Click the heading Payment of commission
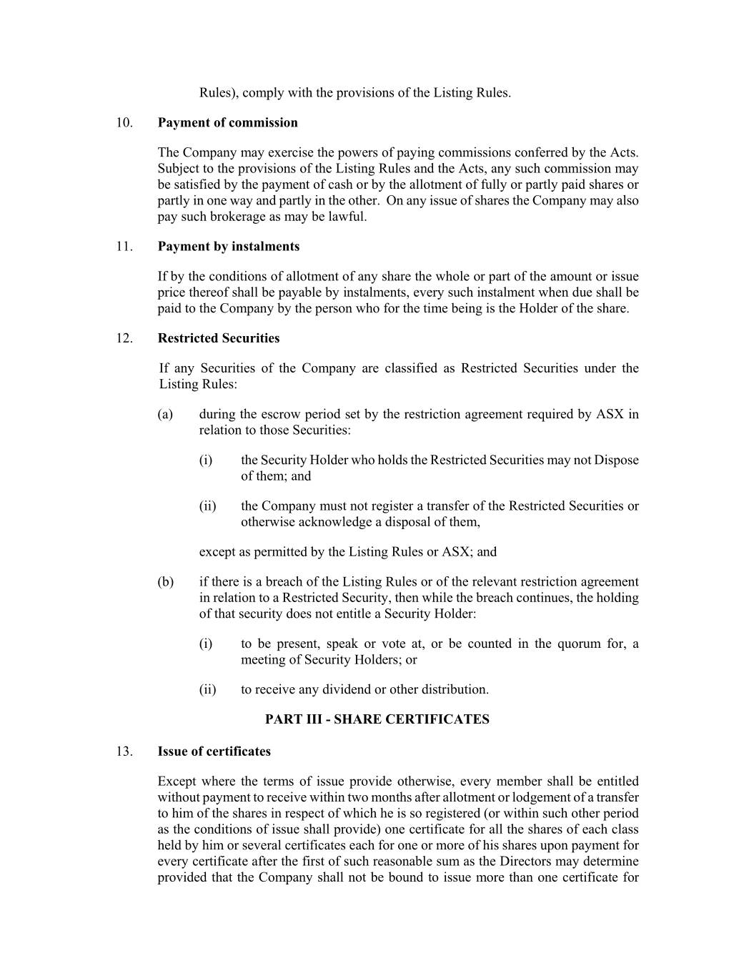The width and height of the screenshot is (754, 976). (x=227, y=123)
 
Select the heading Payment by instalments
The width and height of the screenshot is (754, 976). (x=229, y=247)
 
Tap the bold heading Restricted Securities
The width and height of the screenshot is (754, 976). (x=219, y=338)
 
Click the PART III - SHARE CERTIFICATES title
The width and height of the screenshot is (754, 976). (x=377, y=719)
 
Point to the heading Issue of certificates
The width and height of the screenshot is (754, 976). (x=214, y=751)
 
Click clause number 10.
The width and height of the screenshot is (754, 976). (x=124, y=123)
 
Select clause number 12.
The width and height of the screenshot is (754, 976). (x=124, y=338)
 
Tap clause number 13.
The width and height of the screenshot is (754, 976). (x=124, y=751)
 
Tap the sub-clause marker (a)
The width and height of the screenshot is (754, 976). (x=165, y=415)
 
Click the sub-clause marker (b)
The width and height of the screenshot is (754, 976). (x=165, y=582)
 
